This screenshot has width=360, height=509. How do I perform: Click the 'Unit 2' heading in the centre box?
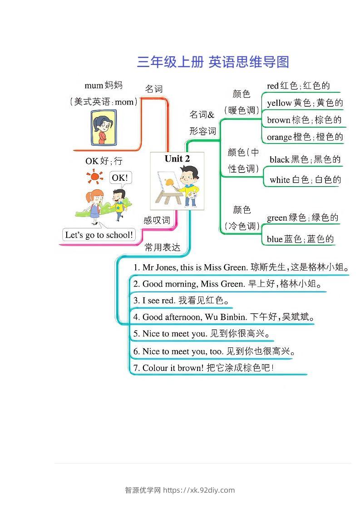tap(177, 159)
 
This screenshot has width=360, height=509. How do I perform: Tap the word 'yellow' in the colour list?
tap(279, 103)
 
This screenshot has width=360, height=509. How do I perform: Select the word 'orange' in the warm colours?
tap(280, 137)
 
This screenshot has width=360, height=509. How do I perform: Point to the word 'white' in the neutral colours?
tap(280, 179)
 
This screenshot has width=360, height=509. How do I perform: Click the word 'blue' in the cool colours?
tap(275, 239)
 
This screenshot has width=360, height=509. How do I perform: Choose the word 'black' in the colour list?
tap(279, 159)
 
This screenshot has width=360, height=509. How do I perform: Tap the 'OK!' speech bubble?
tap(120, 178)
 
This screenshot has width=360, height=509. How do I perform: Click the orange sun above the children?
tap(94, 177)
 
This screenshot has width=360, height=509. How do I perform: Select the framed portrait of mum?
tap(104, 128)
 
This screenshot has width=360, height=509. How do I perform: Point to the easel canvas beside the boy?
tap(168, 183)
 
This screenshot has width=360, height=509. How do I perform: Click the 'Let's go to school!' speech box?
tap(99, 235)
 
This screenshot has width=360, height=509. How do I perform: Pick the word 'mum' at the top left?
tap(94, 85)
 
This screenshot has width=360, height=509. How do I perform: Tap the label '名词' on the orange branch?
tap(153, 89)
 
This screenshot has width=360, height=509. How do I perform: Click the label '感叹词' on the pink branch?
tap(157, 220)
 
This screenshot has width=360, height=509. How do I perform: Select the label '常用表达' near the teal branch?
tap(163, 247)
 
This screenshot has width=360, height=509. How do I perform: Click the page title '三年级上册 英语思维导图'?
tap(213, 62)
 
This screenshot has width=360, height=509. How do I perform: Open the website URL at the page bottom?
tap(199, 490)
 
